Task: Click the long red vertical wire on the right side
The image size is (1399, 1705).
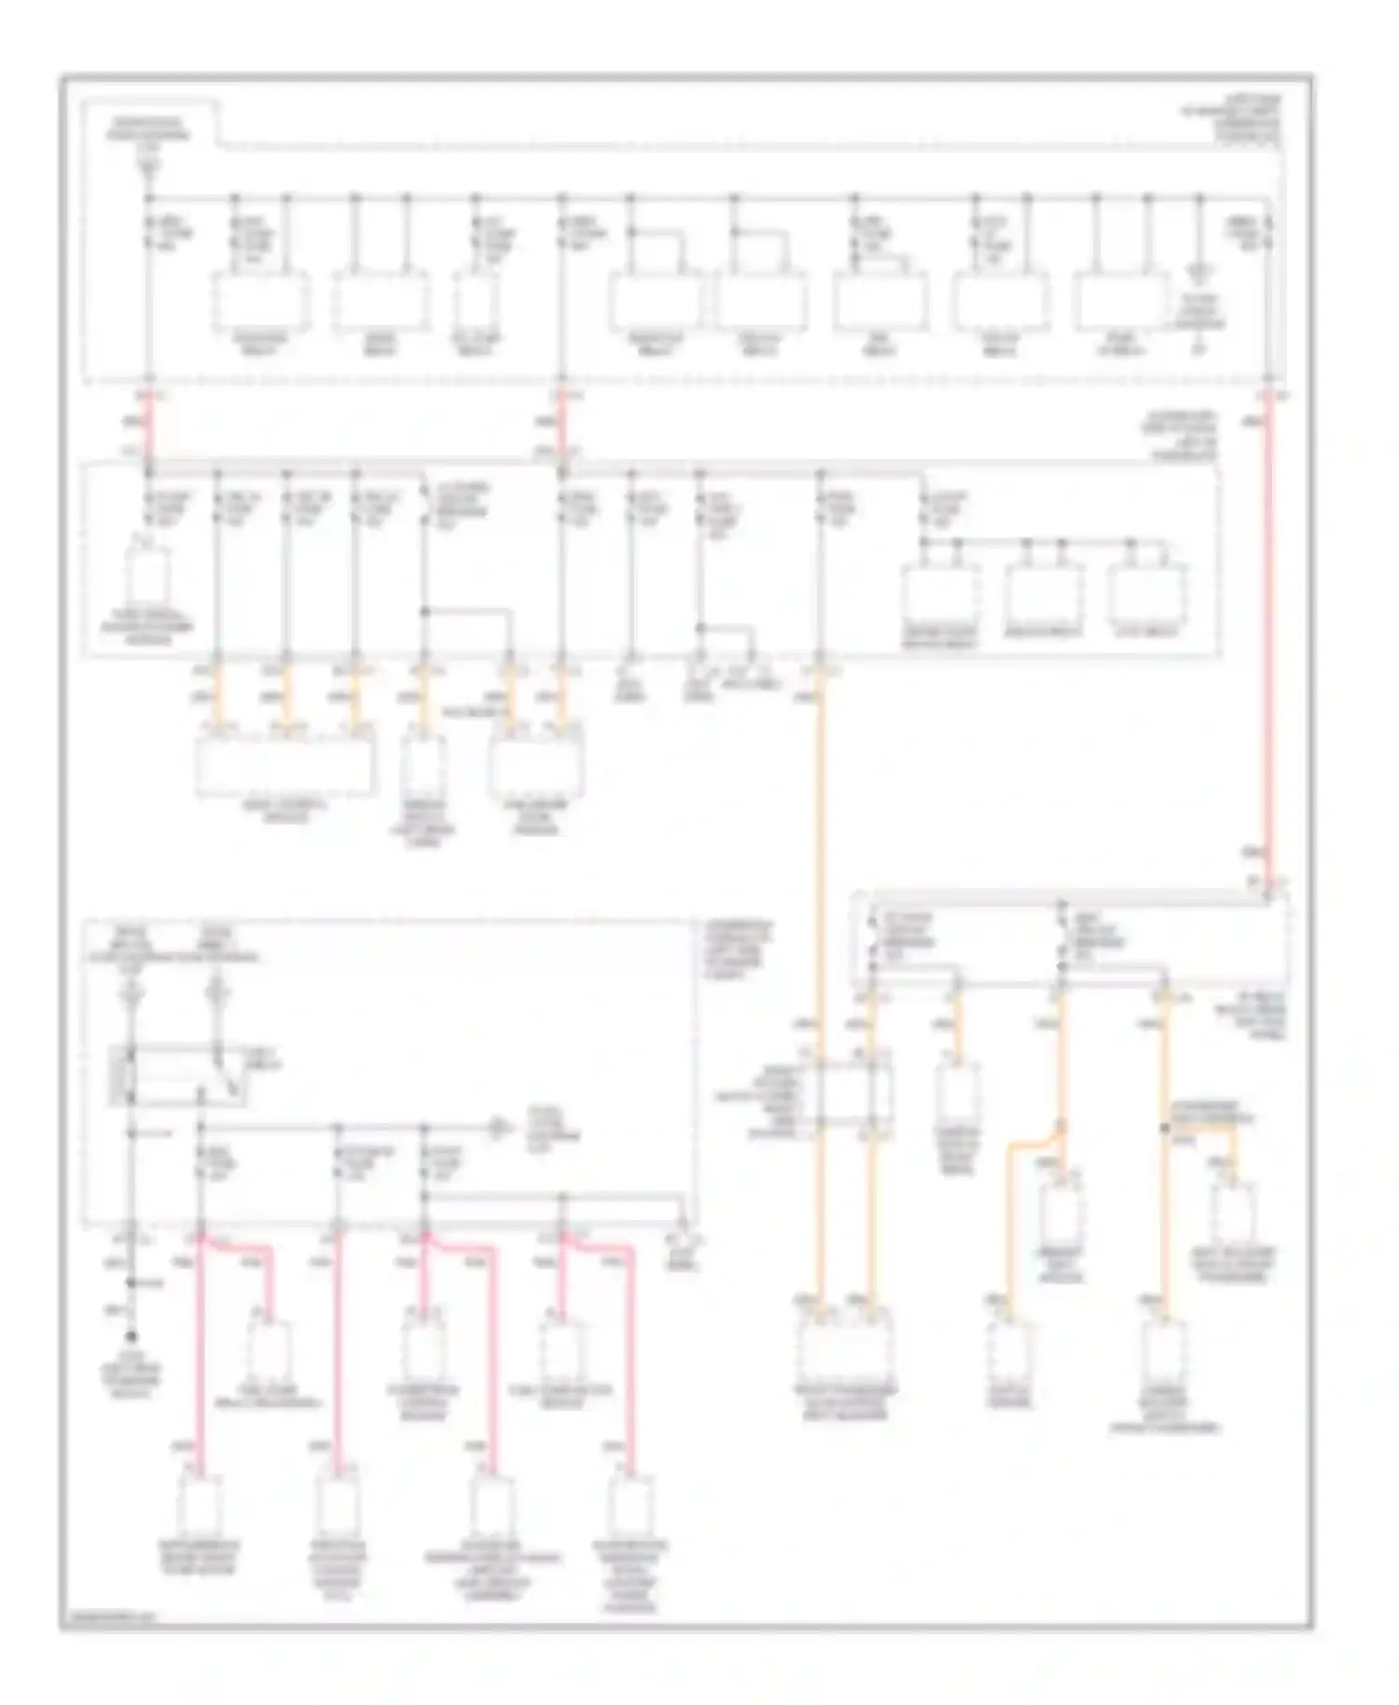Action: pos(1268,634)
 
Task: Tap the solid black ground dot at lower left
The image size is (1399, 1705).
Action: pos(132,1337)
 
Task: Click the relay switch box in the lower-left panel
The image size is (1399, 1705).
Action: pos(177,1077)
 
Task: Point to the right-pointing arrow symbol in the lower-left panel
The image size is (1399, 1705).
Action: pos(501,1130)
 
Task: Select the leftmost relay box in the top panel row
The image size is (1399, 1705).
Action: pos(260,300)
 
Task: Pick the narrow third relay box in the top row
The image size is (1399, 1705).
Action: pos(476,300)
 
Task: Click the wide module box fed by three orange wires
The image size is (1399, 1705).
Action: pos(287,767)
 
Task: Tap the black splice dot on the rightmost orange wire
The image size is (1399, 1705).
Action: pos(1165,1129)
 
